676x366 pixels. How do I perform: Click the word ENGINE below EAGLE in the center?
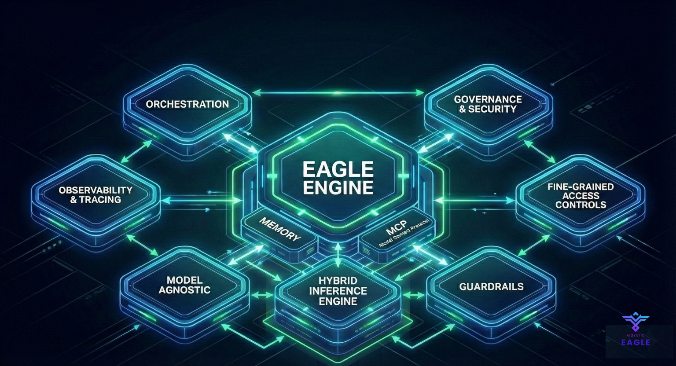click(x=338, y=188)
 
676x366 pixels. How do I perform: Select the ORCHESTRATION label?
click(x=187, y=104)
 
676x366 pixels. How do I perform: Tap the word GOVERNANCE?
click(x=488, y=99)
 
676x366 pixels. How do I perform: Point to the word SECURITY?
click(x=492, y=109)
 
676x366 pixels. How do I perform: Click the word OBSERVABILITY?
click(x=96, y=190)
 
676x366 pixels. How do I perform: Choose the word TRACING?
click(x=100, y=200)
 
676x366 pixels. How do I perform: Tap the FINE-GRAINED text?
click(x=580, y=187)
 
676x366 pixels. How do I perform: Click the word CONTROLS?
click(x=580, y=205)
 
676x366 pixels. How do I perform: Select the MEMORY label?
click(x=280, y=229)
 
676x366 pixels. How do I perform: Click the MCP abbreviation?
click(x=396, y=228)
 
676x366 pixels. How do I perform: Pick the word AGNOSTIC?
click(x=184, y=290)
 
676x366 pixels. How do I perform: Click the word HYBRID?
click(x=338, y=281)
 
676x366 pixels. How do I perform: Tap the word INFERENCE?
click(x=338, y=291)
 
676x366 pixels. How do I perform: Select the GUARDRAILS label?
click(x=491, y=287)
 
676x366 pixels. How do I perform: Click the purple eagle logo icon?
click(x=636, y=321)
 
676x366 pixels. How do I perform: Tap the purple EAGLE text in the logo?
click(x=636, y=342)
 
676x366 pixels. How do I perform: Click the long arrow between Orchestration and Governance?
click(x=338, y=93)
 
